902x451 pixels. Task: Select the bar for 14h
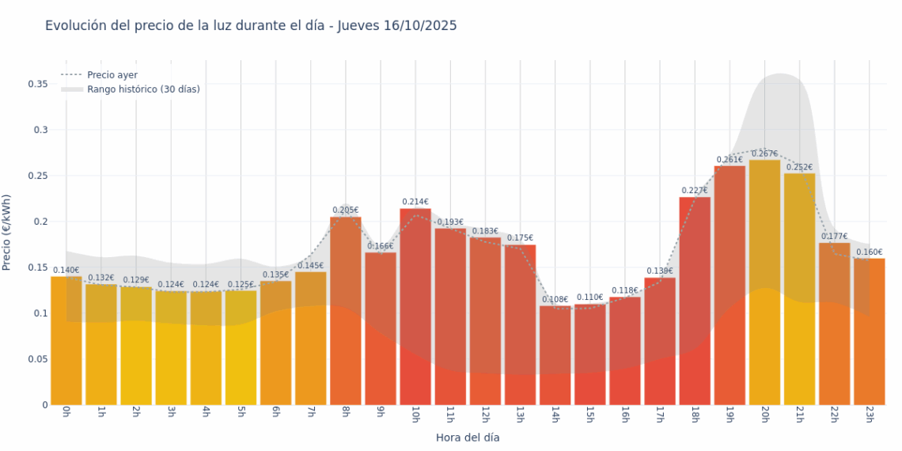click(555, 355)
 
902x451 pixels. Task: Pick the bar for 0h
click(66, 340)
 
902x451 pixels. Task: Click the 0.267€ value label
click(764, 153)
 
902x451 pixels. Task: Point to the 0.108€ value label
click(555, 299)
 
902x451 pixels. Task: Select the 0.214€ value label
click(415, 202)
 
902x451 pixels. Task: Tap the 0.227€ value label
click(695, 190)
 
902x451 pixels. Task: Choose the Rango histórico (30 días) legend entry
click(143, 89)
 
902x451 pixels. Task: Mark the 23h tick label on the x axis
click(869, 415)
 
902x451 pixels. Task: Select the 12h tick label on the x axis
click(485, 415)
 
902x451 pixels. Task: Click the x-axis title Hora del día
click(468, 437)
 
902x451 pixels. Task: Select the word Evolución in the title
click(75, 25)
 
